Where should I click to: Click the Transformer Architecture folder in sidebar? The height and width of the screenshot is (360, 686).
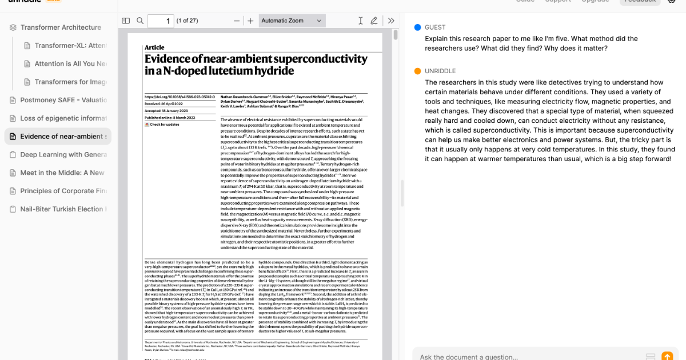pyautogui.click(x=61, y=27)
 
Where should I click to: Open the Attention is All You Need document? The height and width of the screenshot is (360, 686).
pyautogui.click(x=70, y=63)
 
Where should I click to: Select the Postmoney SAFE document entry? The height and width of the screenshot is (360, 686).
pyautogui.click(x=63, y=100)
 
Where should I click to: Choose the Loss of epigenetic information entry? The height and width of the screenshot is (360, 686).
pyautogui.click(x=63, y=118)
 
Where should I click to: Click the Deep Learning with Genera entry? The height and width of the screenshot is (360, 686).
pyautogui.click(x=63, y=154)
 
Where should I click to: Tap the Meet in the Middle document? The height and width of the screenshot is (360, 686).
pyautogui.click(x=62, y=173)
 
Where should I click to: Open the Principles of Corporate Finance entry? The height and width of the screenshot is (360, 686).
pyautogui.click(x=63, y=191)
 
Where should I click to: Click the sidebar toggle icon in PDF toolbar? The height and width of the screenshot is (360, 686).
pyautogui.click(x=126, y=21)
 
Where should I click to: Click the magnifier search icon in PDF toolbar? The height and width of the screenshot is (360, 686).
pyautogui.click(x=140, y=21)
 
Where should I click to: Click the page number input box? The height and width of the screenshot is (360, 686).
pyautogui.click(x=161, y=21)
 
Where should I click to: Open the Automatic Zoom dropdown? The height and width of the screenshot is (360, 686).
pyautogui.click(x=292, y=21)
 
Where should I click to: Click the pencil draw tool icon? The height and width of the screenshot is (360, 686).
pyautogui.click(x=374, y=21)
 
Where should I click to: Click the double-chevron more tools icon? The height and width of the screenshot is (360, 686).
pyautogui.click(x=391, y=21)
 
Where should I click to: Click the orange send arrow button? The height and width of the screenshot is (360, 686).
pyautogui.click(x=667, y=356)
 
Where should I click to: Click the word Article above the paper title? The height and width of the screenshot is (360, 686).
pyautogui.click(x=154, y=47)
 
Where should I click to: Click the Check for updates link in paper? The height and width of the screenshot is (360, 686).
pyautogui.click(x=164, y=125)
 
